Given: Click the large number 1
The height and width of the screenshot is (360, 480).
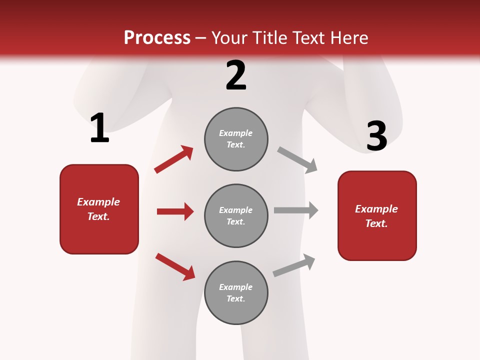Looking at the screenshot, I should [99, 128].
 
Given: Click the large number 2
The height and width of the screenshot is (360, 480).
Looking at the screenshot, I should [236, 75].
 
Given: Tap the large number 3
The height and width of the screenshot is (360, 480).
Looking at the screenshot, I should [376, 136].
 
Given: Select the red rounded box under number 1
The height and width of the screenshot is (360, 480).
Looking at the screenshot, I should [99, 209].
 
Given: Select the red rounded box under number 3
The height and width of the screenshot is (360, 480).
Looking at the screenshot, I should [377, 215].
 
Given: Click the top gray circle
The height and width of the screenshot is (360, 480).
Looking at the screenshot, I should [236, 139].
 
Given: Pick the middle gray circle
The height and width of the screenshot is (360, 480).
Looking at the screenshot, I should [236, 215].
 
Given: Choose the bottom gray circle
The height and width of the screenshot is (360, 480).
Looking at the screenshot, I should [236, 292].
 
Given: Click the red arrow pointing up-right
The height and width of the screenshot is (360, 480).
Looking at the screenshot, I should [174, 159].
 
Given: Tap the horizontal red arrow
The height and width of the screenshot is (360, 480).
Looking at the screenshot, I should [175, 211].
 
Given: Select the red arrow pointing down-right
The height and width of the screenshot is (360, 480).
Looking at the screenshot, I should [175, 266].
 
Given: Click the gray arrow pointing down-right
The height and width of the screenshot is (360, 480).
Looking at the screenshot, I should [297, 160].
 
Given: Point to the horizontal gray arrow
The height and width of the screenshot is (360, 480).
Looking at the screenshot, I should [296, 210].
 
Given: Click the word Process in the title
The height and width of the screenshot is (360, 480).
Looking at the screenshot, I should [157, 37].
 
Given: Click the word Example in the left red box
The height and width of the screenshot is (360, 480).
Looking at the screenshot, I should [98, 202].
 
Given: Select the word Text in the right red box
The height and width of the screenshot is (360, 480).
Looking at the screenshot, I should [375, 223].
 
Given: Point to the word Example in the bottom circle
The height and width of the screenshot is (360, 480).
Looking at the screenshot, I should [235, 287].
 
